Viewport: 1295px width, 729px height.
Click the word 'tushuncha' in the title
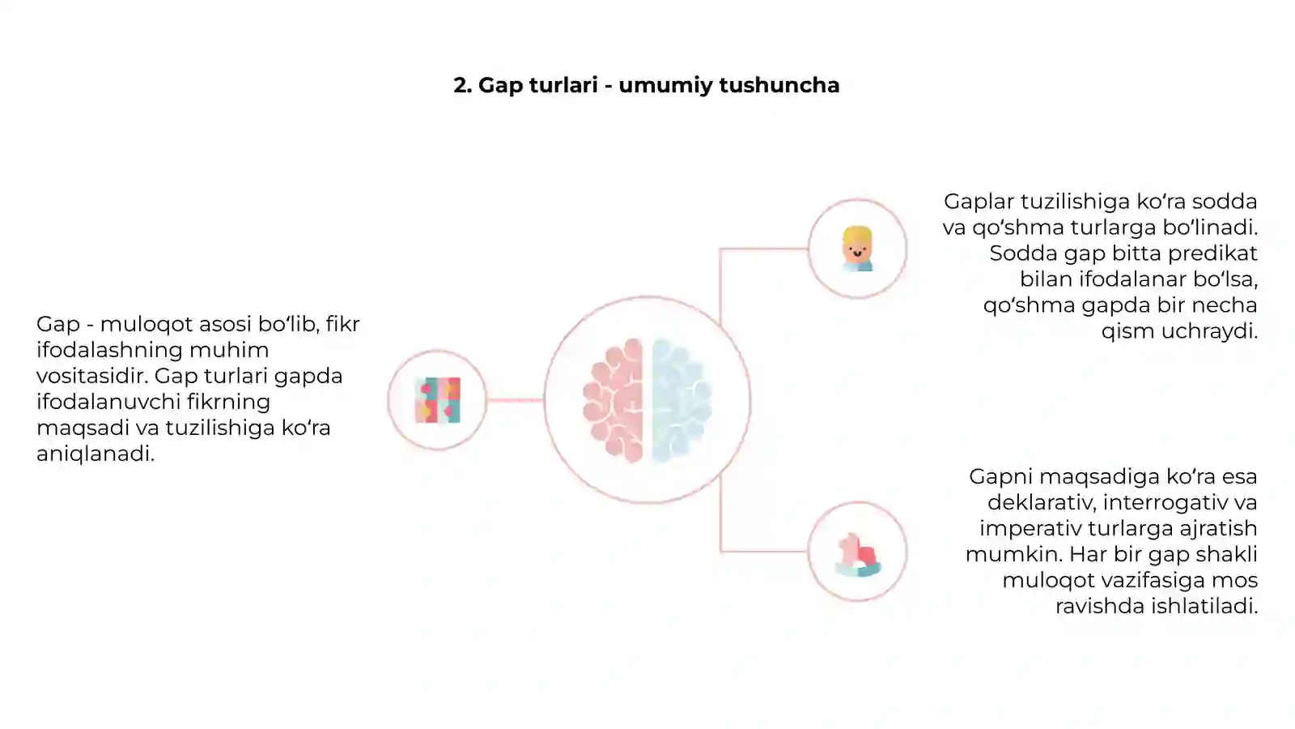[779, 85]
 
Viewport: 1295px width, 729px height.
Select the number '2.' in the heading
[462, 85]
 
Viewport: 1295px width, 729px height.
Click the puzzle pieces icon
[438, 400]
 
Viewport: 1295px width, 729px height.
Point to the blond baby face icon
[857, 249]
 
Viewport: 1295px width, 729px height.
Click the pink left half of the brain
[613, 400]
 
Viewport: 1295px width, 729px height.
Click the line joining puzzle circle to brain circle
[515, 400]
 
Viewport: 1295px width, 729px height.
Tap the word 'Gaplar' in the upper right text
[979, 202]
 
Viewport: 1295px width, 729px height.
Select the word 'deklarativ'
[1042, 502]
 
